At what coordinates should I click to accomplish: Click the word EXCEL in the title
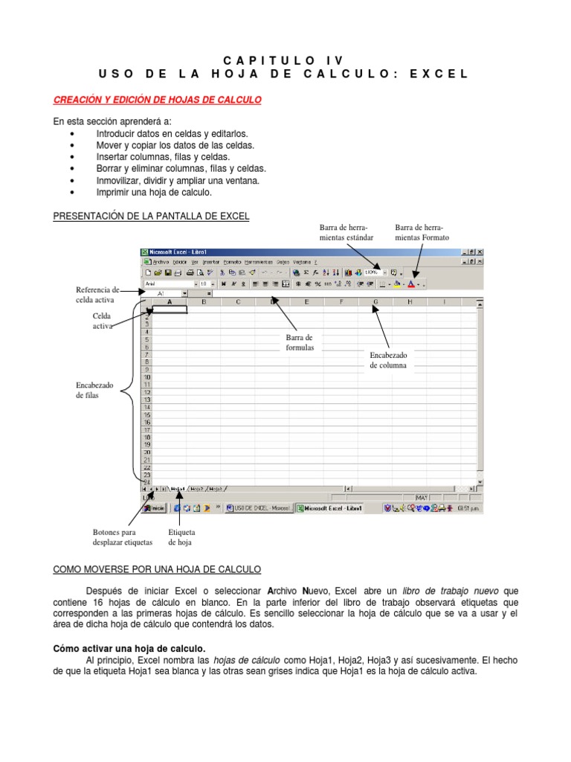[x=439, y=74]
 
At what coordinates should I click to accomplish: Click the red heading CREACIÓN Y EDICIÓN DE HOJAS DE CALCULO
[x=157, y=99]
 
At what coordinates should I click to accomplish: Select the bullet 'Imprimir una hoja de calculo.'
[x=154, y=192]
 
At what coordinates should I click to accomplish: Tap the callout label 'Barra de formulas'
[x=300, y=343]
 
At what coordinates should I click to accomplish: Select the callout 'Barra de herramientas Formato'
[x=422, y=232]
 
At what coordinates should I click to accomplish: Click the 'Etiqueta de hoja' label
[x=181, y=537]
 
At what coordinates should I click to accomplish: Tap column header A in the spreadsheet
[x=170, y=302]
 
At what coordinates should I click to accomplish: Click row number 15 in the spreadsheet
[x=147, y=414]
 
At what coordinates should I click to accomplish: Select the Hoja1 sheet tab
[x=177, y=489]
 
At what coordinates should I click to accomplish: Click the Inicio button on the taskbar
[x=155, y=508]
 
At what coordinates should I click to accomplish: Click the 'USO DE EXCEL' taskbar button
[x=258, y=508]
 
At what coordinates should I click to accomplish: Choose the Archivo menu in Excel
[x=159, y=262]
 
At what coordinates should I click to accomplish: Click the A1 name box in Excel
[x=164, y=293]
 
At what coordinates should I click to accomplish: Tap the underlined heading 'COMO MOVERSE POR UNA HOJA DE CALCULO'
[x=157, y=569]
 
